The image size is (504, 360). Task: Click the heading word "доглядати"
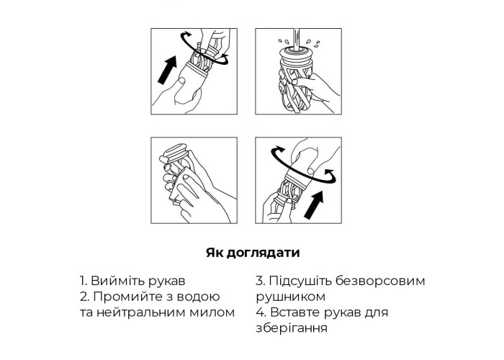[x=263, y=253]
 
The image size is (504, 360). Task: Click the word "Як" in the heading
[x=215, y=252]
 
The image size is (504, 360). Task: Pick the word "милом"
[x=212, y=312]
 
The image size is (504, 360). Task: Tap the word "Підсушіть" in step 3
[x=300, y=281]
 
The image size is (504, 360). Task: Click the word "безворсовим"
[x=380, y=281]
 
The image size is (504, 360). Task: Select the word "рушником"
[x=291, y=297]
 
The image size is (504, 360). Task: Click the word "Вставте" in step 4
[x=295, y=312]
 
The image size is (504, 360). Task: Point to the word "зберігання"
[x=292, y=328]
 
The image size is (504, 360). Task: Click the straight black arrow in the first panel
[x=168, y=70]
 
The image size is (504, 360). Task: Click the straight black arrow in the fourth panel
[x=313, y=204]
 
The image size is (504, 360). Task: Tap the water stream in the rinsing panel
[x=296, y=39]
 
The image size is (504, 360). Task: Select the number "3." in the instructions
[x=261, y=281]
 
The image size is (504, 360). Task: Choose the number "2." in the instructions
[x=84, y=297]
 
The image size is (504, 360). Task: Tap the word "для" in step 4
[x=377, y=312]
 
